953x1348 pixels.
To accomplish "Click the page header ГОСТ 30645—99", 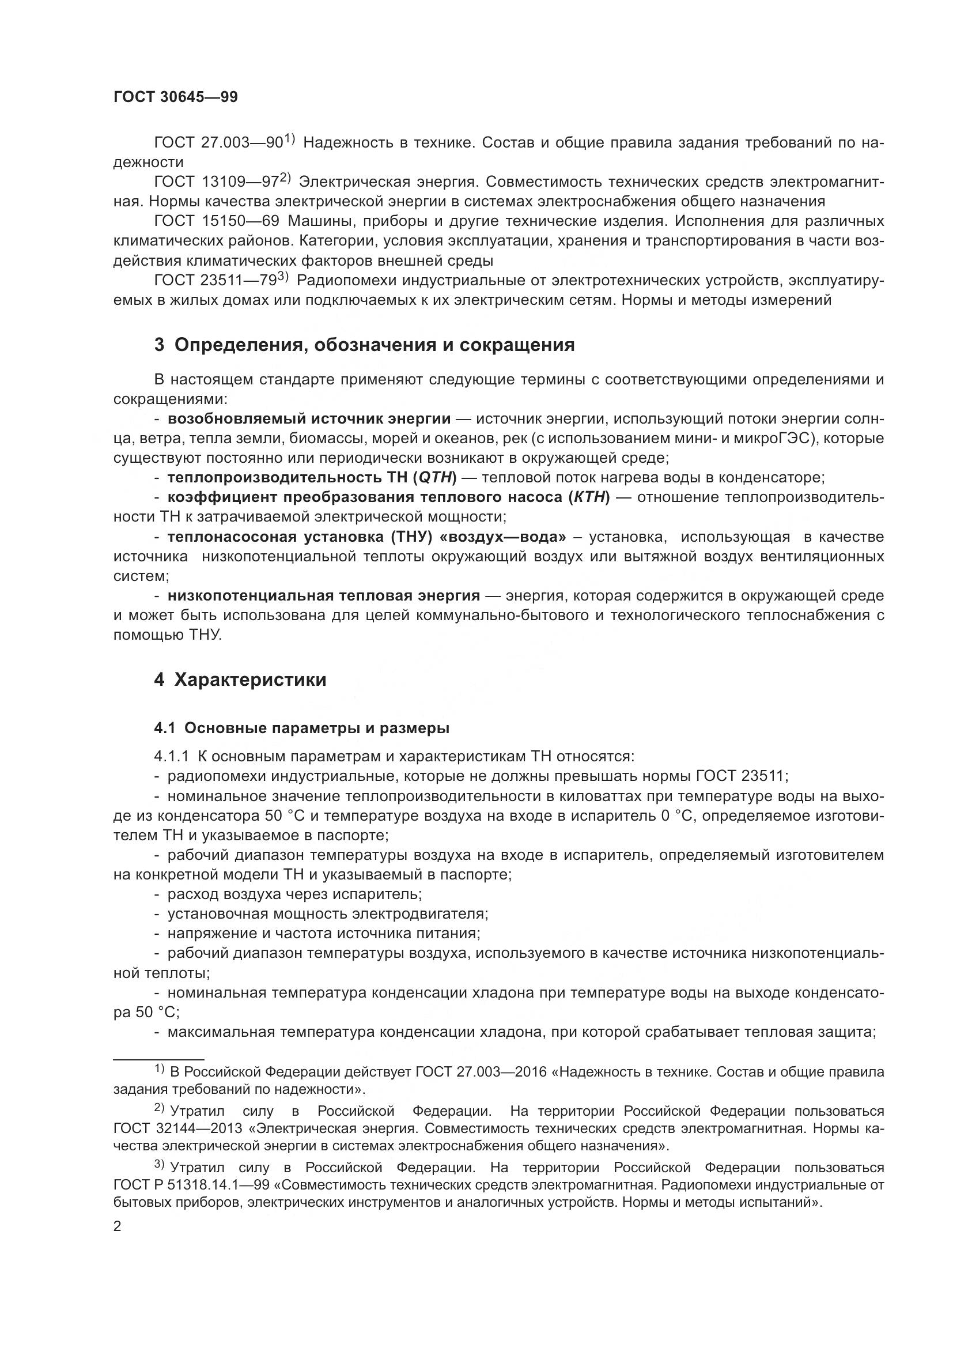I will [x=176, y=97].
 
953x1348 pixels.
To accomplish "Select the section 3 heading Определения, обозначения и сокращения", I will [x=364, y=345].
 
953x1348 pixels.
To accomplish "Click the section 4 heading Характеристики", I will [x=240, y=680].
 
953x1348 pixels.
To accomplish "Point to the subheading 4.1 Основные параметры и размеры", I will [x=301, y=728].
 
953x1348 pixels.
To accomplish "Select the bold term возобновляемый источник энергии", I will [x=309, y=418].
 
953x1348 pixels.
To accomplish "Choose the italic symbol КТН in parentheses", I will [x=589, y=497].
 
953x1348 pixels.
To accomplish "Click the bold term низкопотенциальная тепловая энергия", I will [x=324, y=595].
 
